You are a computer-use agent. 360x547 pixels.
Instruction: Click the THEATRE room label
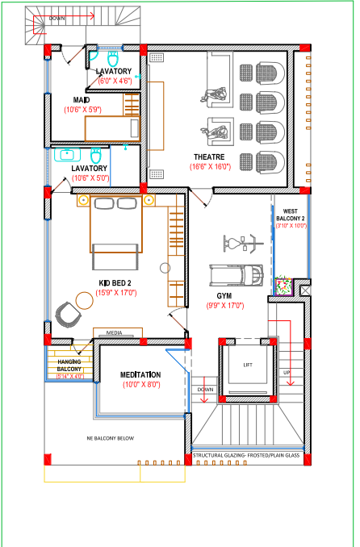tap(209, 157)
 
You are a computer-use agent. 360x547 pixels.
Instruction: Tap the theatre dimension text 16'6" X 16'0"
tap(211, 167)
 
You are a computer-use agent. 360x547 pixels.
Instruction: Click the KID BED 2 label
tap(115, 282)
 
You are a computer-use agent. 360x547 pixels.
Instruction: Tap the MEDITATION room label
tap(140, 375)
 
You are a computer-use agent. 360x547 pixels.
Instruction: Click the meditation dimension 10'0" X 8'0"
tap(140, 386)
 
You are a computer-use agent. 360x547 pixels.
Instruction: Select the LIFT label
tap(248, 365)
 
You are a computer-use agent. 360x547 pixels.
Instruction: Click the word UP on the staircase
tap(286, 374)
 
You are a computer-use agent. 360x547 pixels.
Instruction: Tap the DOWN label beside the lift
tap(205, 390)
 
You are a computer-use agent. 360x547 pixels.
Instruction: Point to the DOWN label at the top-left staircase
tap(57, 17)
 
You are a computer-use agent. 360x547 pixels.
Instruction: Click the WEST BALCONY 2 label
tap(291, 214)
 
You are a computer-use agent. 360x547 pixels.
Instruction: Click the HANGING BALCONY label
tap(70, 365)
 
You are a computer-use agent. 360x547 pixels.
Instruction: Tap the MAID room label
tap(81, 100)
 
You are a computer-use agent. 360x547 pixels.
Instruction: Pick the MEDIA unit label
tap(114, 332)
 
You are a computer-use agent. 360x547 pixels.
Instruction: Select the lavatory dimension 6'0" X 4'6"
tap(115, 81)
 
